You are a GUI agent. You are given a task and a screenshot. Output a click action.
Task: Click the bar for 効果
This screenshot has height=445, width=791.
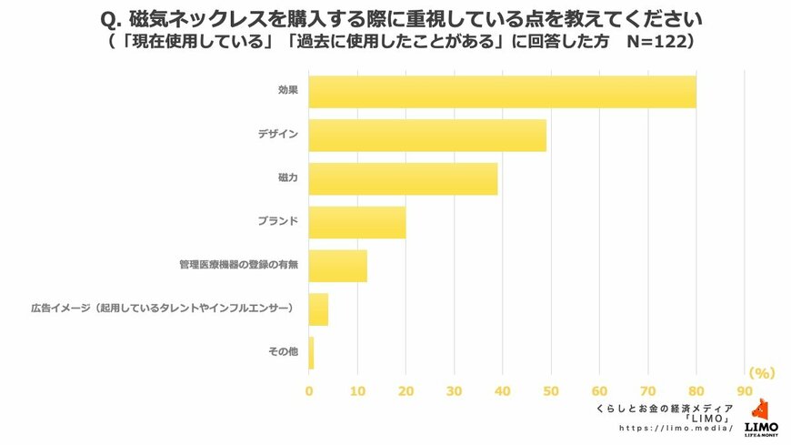(502, 92)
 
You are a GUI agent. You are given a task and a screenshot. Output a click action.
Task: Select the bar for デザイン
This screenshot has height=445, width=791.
(427, 135)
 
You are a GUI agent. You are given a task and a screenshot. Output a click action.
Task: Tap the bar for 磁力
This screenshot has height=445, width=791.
(403, 178)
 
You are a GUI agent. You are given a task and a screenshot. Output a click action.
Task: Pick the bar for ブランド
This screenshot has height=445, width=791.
(356, 222)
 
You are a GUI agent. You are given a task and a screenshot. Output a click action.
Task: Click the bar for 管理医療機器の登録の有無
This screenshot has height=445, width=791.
(337, 266)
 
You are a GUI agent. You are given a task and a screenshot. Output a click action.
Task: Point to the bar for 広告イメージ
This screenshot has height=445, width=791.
(318, 309)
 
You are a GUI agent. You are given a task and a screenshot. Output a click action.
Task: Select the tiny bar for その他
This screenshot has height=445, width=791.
(311, 352)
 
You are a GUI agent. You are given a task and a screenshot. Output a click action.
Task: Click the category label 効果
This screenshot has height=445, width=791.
(288, 91)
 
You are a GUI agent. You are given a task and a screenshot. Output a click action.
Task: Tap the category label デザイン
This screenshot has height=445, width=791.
(278, 135)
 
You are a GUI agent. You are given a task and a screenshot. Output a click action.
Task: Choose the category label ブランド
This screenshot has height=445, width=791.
(278, 222)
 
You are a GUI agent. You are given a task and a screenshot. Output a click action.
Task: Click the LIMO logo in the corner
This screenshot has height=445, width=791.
(760, 420)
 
